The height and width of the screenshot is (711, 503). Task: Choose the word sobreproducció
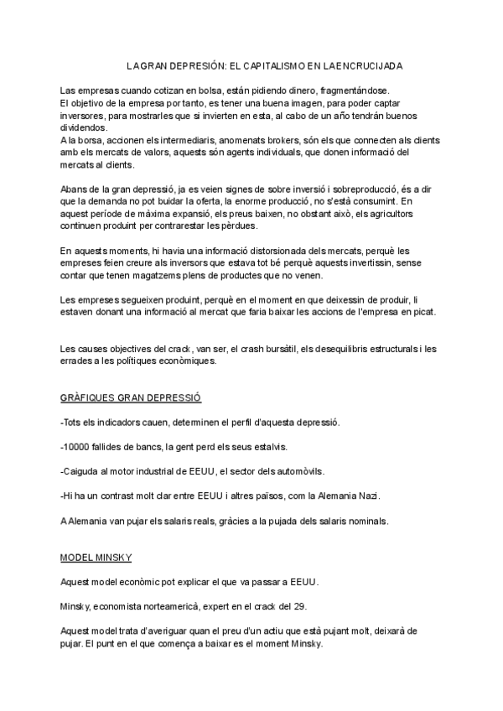(327, 189)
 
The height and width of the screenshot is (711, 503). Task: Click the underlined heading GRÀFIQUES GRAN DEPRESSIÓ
(137, 397)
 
